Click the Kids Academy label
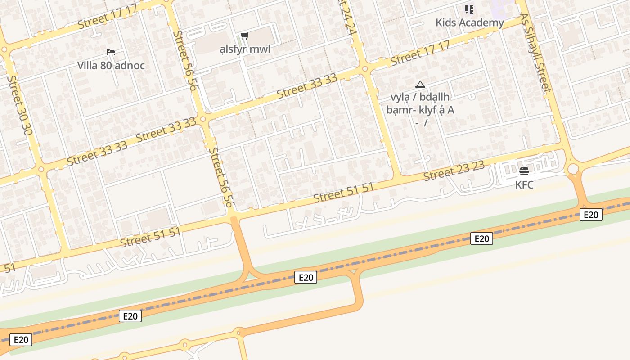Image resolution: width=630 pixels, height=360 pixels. [x=469, y=22]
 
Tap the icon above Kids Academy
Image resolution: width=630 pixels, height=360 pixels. [x=469, y=9]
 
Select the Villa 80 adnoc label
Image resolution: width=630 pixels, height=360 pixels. [x=111, y=66]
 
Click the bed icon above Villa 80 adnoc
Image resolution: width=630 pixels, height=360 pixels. [x=111, y=52]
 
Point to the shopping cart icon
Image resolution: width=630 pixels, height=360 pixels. [x=244, y=36]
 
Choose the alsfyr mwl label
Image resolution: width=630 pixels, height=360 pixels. [x=245, y=49]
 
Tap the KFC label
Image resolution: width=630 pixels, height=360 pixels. [x=524, y=184]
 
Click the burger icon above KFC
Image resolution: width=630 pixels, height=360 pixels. [x=524, y=171]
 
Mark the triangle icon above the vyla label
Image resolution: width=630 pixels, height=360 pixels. [x=420, y=84]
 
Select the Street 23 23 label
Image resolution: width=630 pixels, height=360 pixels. [x=454, y=171]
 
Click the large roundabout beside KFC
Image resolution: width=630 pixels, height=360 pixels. [x=573, y=169]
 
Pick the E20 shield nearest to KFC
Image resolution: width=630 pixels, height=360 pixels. [x=590, y=215]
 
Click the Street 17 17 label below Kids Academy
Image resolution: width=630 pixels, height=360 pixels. [x=420, y=53]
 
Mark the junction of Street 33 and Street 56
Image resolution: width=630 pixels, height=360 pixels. [x=203, y=119]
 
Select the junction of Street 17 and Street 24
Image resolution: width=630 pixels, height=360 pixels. [x=365, y=69]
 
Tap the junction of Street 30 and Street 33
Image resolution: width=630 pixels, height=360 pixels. [x=41, y=170]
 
